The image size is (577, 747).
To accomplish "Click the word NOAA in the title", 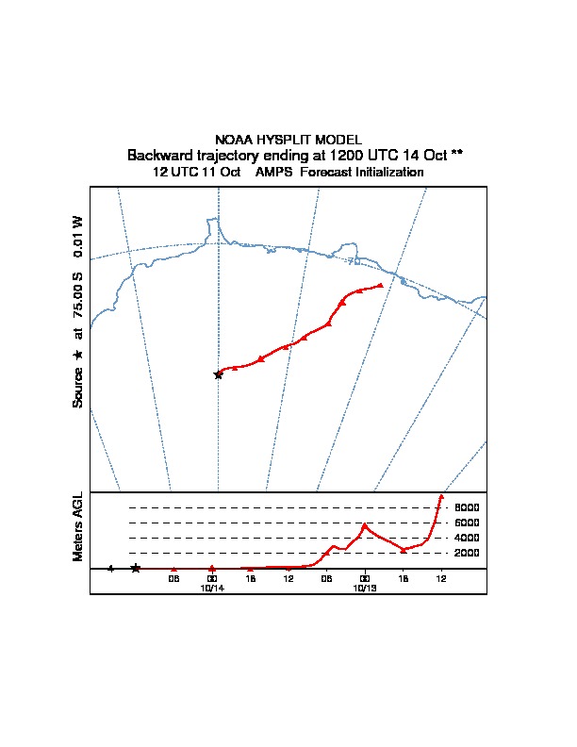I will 234,140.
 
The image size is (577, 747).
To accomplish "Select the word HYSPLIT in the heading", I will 282,140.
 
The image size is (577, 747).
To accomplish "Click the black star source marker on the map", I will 218,374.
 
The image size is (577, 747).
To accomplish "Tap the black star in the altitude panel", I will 136,568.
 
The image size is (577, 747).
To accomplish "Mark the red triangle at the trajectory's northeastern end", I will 380,284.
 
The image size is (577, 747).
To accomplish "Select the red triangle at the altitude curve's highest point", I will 440,496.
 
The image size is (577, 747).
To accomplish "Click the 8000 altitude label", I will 468,507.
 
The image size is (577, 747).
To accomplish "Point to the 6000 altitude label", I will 468,523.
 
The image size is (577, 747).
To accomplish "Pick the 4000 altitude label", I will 468,538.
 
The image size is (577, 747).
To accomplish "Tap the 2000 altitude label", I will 468,553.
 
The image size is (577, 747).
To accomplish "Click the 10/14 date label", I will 212,587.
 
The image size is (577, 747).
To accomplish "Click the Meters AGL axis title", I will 78,526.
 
